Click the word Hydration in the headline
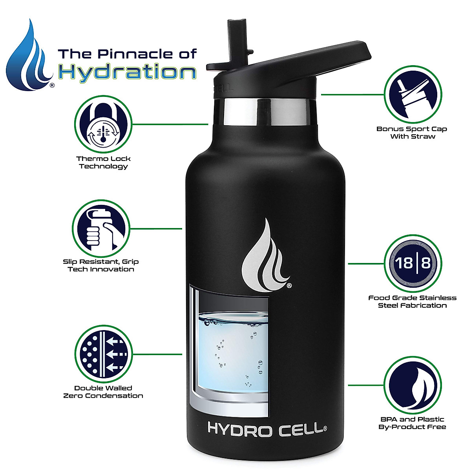(x=127, y=72)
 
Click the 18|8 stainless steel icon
(x=413, y=263)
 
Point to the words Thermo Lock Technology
(x=103, y=162)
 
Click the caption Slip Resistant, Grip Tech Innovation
(x=101, y=265)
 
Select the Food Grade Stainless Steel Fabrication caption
(x=412, y=301)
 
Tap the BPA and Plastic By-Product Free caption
(x=412, y=423)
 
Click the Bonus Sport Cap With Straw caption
(x=412, y=133)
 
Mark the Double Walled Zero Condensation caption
(x=103, y=392)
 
